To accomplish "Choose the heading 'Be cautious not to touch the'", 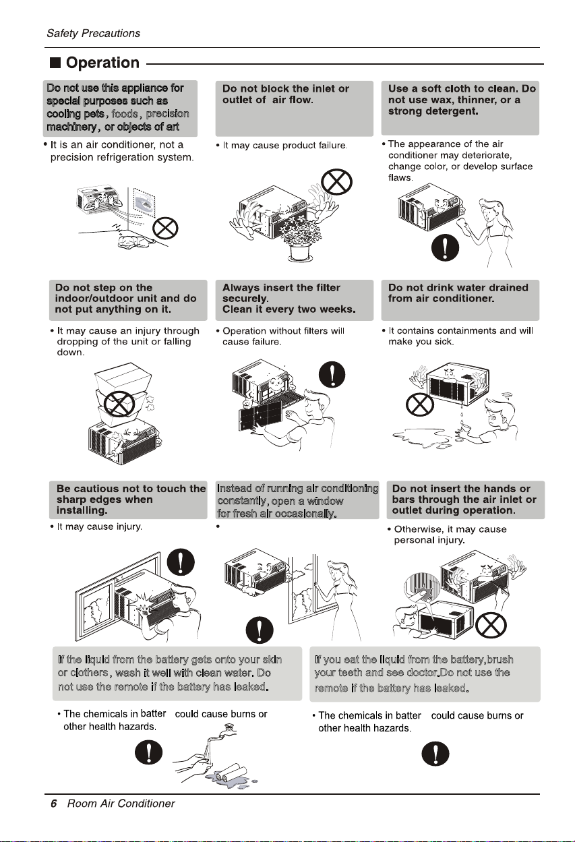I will (x=131, y=489).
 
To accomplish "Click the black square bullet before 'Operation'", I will (x=55, y=63).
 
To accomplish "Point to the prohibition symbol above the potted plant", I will (x=332, y=181).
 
